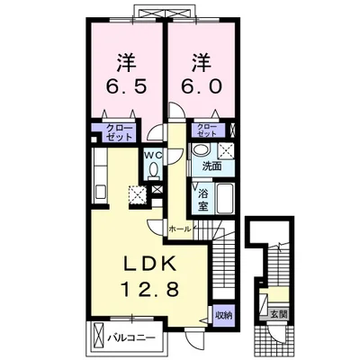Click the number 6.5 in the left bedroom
pos(126,86)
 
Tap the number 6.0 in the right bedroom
pos(202,86)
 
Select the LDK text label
pos(150,264)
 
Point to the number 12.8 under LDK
pos(149,289)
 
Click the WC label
pos(154,155)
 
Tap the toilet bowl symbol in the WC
pos(154,170)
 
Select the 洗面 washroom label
pos(211,166)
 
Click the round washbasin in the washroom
pos(201,149)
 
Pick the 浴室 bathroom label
pos(203,199)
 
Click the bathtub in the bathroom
pos(224,199)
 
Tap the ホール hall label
pos(180,229)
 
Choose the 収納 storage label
pos(223,316)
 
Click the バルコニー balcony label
pos(131,338)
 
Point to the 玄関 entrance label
pos(280,314)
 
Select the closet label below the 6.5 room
pos(120,132)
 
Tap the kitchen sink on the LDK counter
pos(101,192)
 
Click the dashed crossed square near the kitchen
pos(138,195)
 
